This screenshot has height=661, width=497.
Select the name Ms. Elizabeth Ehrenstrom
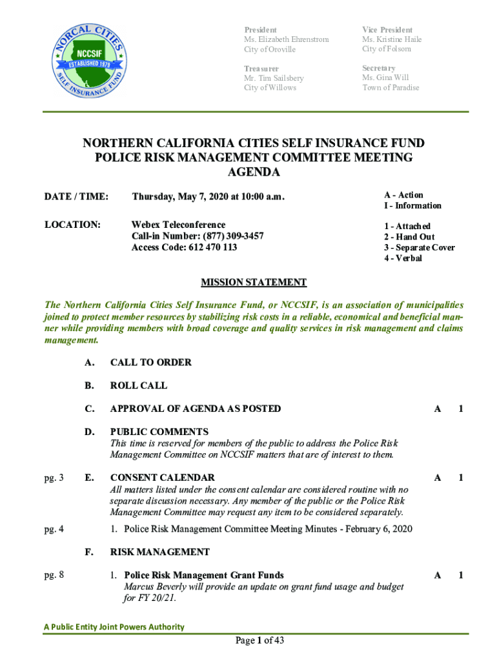click(x=286, y=39)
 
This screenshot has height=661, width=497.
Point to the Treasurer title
click(x=261, y=68)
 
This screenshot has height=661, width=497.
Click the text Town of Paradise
click(x=391, y=88)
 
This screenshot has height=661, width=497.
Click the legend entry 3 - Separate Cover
click(x=419, y=248)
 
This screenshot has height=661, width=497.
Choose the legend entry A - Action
click(x=403, y=195)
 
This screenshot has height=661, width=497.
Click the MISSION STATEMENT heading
click(x=254, y=282)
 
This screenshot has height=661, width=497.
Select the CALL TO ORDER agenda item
click(x=150, y=363)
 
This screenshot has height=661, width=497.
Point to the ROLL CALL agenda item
click(x=138, y=386)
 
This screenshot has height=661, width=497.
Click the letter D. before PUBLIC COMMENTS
click(x=90, y=432)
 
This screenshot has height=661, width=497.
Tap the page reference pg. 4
click(x=54, y=530)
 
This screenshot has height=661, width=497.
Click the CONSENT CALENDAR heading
click(x=162, y=478)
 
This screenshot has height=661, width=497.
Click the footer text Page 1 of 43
click(x=259, y=641)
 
